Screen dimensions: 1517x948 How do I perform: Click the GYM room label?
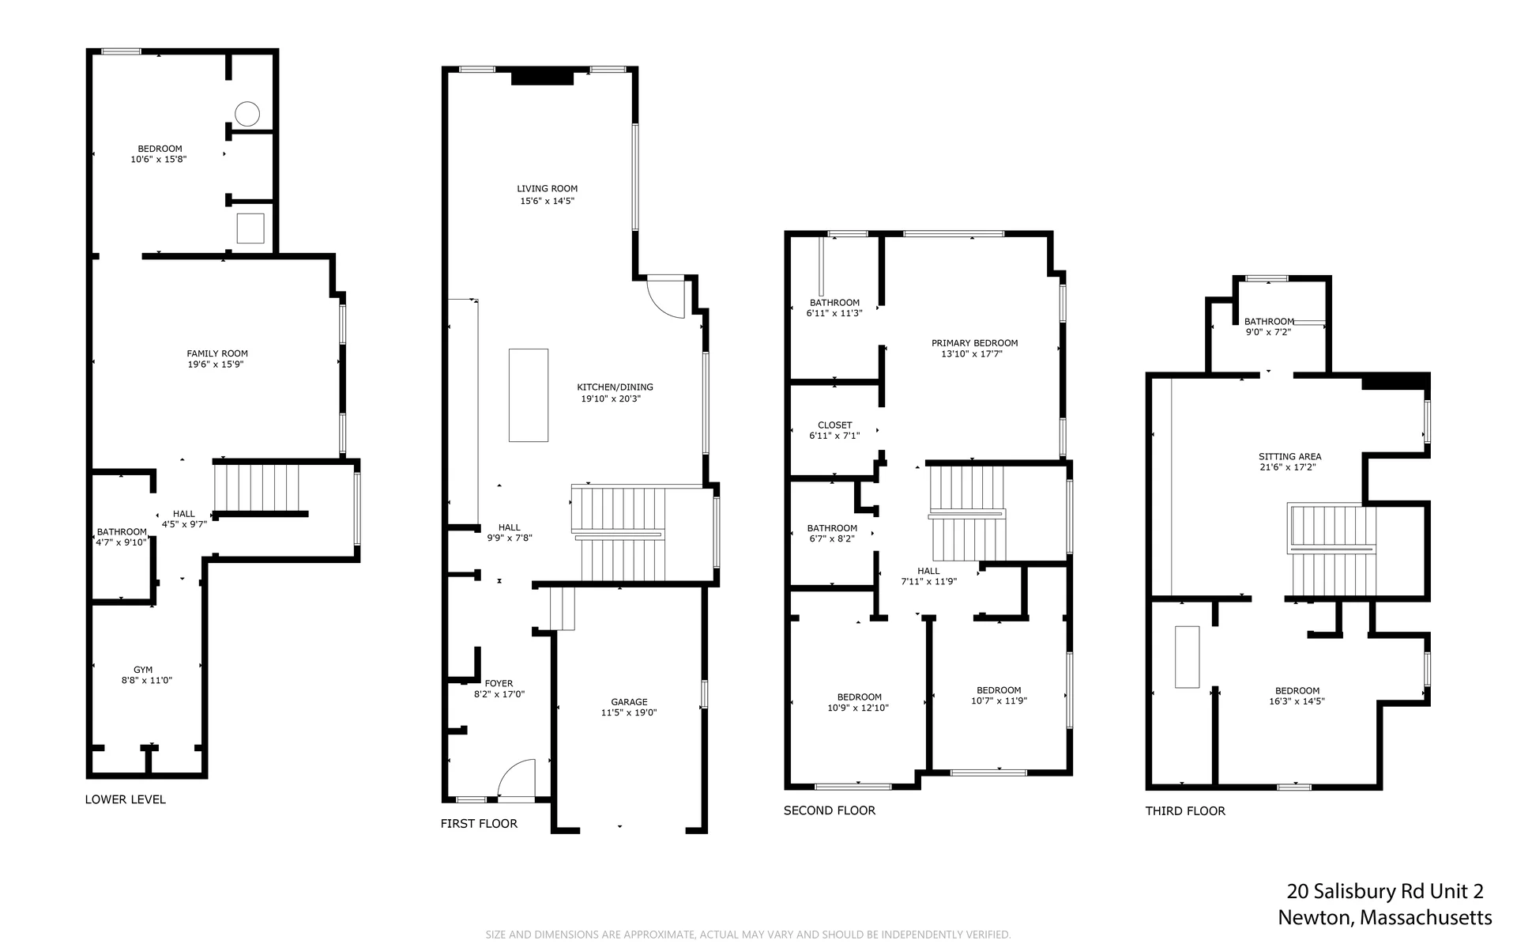(x=143, y=670)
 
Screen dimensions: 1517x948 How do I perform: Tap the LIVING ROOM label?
(x=548, y=189)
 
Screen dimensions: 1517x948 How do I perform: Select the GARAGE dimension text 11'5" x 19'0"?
(x=629, y=712)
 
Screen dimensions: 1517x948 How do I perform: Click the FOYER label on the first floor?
(x=499, y=683)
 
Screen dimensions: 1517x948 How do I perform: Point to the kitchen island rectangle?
(x=529, y=395)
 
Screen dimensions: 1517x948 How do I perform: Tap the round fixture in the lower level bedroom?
(x=248, y=114)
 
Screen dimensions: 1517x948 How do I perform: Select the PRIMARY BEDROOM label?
(x=974, y=343)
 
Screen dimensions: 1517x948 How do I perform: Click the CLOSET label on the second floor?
(x=835, y=425)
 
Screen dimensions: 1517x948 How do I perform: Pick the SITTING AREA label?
(x=1289, y=456)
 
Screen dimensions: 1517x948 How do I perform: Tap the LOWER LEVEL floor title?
(x=126, y=799)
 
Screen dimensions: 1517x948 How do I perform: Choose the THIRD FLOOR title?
(x=1185, y=810)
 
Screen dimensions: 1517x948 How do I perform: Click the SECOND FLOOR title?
(x=830, y=810)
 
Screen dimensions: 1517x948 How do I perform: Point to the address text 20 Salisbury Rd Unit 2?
(x=1385, y=892)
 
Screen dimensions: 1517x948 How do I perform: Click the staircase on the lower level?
(x=257, y=488)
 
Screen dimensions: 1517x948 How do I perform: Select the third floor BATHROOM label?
(x=1269, y=322)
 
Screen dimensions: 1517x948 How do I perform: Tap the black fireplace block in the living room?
(x=542, y=77)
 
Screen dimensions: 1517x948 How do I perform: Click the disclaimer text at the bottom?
(x=748, y=935)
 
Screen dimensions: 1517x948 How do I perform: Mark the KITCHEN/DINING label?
(x=615, y=387)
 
